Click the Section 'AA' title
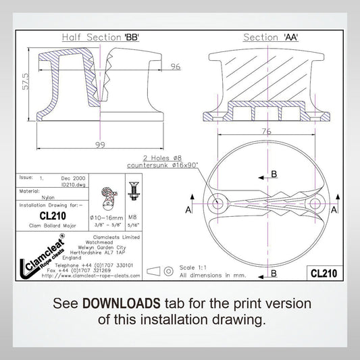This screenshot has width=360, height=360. coord(271,37)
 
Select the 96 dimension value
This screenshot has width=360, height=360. coord(176,66)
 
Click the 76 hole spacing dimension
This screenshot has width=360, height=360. coord(267,132)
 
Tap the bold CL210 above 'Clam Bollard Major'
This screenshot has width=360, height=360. coord(52,215)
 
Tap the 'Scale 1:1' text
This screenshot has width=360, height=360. coord(195,267)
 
